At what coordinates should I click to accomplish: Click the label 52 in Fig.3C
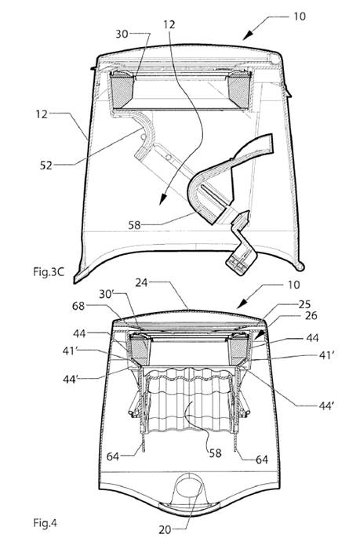[x=46, y=165]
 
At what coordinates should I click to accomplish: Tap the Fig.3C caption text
[x=49, y=272]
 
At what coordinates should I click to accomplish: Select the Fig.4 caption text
[x=45, y=523]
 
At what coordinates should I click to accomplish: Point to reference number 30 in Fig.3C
[x=122, y=34]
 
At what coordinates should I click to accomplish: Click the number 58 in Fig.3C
[x=135, y=225]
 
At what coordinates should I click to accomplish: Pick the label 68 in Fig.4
[x=78, y=306]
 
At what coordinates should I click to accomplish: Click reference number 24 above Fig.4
[x=141, y=282]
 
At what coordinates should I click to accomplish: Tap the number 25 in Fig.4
[x=304, y=304]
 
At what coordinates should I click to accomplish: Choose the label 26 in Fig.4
[x=311, y=315]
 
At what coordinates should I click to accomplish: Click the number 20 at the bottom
[x=165, y=530]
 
